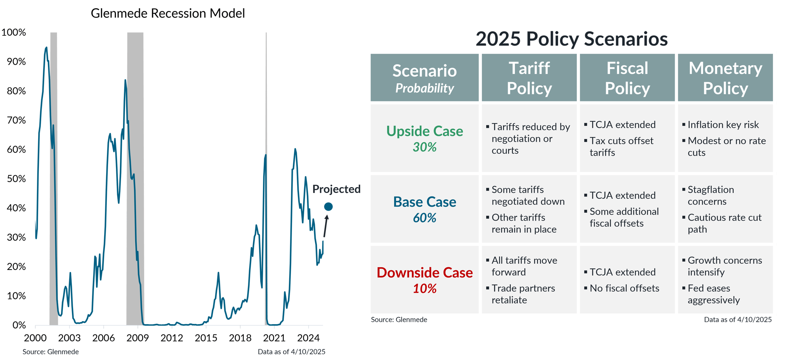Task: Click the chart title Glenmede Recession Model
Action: (168, 13)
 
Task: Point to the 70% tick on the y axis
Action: (16, 120)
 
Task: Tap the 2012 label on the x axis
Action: (172, 338)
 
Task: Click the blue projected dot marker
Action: (328, 207)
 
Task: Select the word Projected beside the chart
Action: (336, 189)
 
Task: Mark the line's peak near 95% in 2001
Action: (46, 48)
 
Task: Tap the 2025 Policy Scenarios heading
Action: (571, 39)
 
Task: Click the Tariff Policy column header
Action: (529, 78)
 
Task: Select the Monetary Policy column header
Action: (725, 78)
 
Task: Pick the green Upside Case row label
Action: (424, 131)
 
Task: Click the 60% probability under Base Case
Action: (424, 218)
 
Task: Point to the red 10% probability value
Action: (424, 288)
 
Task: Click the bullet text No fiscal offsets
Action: (624, 288)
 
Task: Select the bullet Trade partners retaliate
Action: (523, 294)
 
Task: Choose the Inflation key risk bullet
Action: (723, 125)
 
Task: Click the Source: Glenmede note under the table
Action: (399, 320)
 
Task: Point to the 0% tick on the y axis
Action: (19, 325)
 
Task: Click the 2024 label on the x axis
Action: (309, 338)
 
